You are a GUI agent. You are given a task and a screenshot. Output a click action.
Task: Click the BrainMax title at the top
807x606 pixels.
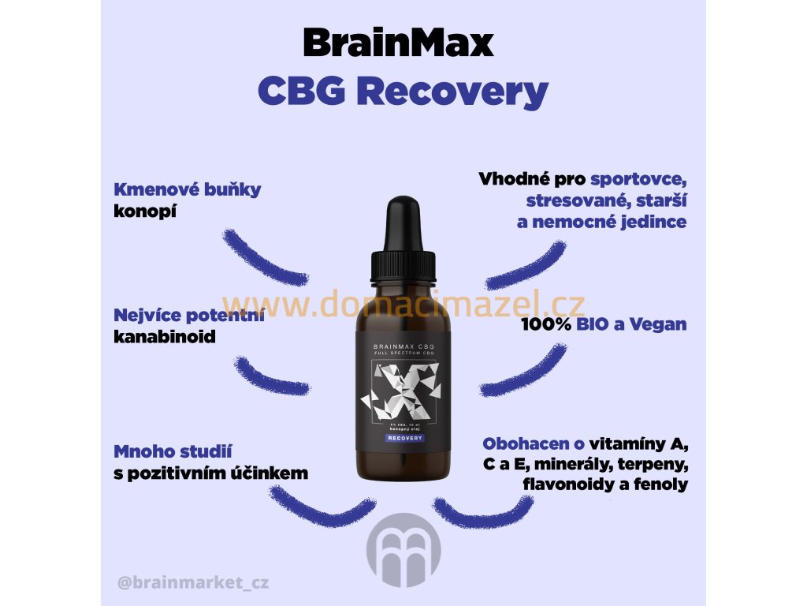(x=398, y=43)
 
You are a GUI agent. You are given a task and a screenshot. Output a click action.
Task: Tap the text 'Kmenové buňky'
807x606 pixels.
(x=188, y=190)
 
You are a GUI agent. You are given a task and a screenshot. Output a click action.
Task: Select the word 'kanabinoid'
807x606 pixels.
(x=165, y=336)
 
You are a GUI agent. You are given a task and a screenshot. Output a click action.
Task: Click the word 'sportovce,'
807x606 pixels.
(x=639, y=179)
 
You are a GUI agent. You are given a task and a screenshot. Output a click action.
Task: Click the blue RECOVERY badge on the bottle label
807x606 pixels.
(x=403, y=437)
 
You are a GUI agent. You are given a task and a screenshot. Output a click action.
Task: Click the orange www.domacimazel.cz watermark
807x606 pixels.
(x=403, y=303)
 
